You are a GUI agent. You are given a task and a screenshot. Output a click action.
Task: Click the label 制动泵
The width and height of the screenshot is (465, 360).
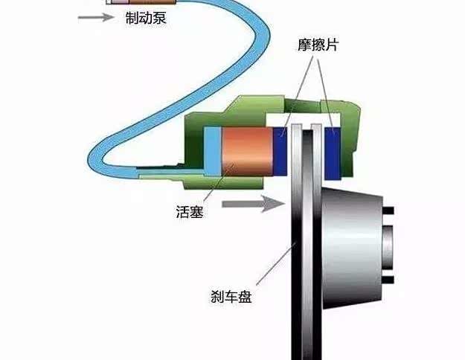pyautogui.click(x=146, y=18)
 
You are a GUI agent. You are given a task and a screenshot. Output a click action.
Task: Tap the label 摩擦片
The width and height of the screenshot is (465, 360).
pyautogui.click(x=318, y=45)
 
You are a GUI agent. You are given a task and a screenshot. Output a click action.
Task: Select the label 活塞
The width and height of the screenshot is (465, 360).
pyautogui.click(x=190, y=212)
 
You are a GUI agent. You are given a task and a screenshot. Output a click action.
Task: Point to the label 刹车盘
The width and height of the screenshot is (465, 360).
pyautogui.click(x=231, y=296)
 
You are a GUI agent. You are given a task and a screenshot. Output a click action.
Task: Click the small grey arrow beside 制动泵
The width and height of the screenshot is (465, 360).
pyautogui.click(x=96, y=17)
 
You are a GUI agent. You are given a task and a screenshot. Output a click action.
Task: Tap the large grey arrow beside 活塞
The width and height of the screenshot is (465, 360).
pyautogui.click(x=254, y=203)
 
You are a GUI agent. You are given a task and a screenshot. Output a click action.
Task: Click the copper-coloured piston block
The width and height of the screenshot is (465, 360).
pyautogui.click(x=247, y=151)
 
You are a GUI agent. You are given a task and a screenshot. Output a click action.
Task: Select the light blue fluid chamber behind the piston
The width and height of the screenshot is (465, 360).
pyautogui.click(x=213, y=151)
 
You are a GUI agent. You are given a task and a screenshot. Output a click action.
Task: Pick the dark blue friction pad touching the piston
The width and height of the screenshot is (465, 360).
pyautogui.click(x=280, y=151)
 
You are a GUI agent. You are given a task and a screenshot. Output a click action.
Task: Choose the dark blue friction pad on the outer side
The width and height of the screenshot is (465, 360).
pyautogui.click(x=333, y=154)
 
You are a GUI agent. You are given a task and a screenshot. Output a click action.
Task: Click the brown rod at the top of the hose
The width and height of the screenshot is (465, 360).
pyautogui.click(x=153, y=1)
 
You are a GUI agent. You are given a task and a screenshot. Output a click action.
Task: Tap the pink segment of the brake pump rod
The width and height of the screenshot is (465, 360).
pyautogui.click(x=121, y=1)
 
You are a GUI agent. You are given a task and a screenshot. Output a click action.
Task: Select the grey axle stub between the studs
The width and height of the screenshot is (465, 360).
pyautogui.click(x=388, y=245)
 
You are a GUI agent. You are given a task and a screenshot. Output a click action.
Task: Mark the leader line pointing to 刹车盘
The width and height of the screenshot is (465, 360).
pyautogui.click(x=276, y=263)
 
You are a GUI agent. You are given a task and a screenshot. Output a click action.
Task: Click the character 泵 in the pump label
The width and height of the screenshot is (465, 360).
pyautogui.click(x=159, y=18)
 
